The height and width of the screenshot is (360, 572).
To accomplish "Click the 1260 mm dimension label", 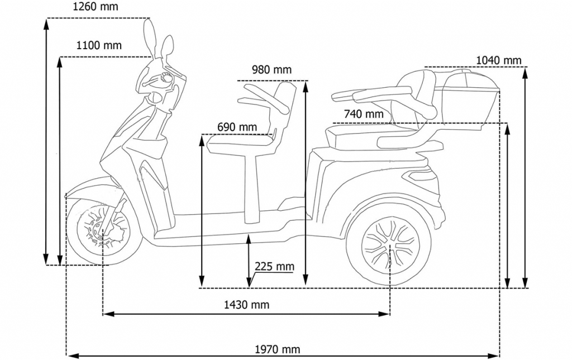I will pyautogui.click(x=96, y=7).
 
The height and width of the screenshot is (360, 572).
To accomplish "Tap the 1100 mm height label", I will pyautogui.click(x=98, y=45).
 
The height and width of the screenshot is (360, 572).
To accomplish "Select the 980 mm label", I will pyautogui.click(x=271, y=69).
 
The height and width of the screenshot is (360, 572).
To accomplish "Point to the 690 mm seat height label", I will pyautogui.click(x=237, y=127).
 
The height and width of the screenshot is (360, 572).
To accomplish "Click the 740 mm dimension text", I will pyautogui.click(x=364, y=114).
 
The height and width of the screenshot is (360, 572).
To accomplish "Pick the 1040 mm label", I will pyautogui.click(x=498, y=60).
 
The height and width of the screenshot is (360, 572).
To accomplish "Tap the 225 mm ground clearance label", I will pyautogui.click(x=274, y=266).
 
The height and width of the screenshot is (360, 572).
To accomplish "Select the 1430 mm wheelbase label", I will pyautogui.click(x=246, y=305).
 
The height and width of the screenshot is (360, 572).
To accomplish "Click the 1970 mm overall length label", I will pyautogui.click(x=278, y=350).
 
